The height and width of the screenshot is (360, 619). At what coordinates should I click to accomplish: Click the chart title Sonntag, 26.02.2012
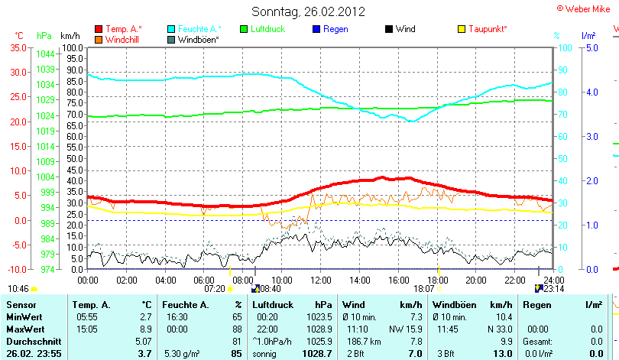click(x=308, y=11)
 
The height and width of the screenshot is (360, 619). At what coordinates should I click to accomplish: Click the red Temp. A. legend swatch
click(x=99, y=29)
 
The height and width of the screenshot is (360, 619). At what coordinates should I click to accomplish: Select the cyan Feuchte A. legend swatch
click(x=171, y=29)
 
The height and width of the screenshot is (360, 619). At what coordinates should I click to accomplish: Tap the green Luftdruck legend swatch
click(x=245, y=29)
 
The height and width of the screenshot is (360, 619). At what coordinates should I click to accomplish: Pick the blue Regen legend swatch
click(x=317, y=29)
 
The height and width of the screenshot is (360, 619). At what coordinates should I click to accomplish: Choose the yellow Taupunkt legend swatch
click(x=462, y=29)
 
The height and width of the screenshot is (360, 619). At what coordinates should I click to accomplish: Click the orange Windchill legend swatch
click(x=99, y=39)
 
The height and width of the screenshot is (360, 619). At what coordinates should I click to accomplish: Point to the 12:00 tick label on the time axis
click(x=320, y=280)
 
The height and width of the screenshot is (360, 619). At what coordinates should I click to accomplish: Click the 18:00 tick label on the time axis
click(x=437, y=280)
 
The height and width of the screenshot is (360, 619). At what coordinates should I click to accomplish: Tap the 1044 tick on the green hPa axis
click(x=45, y=54)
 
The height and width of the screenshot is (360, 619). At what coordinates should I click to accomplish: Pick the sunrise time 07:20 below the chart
click(x=214, y=289)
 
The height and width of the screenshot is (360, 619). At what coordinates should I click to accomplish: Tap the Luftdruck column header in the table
click(x=272, y=305)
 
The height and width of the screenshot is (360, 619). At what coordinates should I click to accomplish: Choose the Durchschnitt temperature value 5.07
click(x=143, y=341)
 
